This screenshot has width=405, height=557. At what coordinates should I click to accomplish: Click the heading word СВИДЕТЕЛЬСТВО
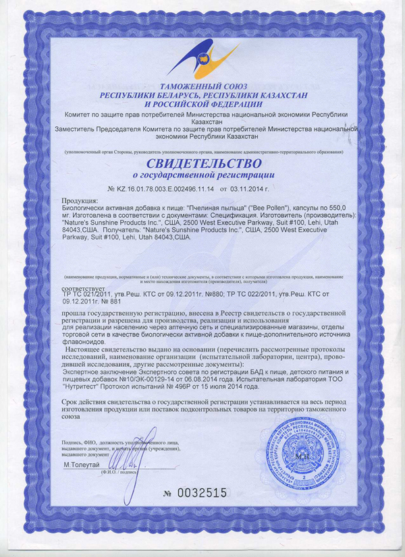(x=202, y=165)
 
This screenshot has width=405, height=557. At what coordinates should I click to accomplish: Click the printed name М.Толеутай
(x=82, y=465)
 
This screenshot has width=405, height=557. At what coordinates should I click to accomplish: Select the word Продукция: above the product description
(x=80, y=201)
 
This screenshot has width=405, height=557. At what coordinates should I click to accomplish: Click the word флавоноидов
(x=84, y=340)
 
